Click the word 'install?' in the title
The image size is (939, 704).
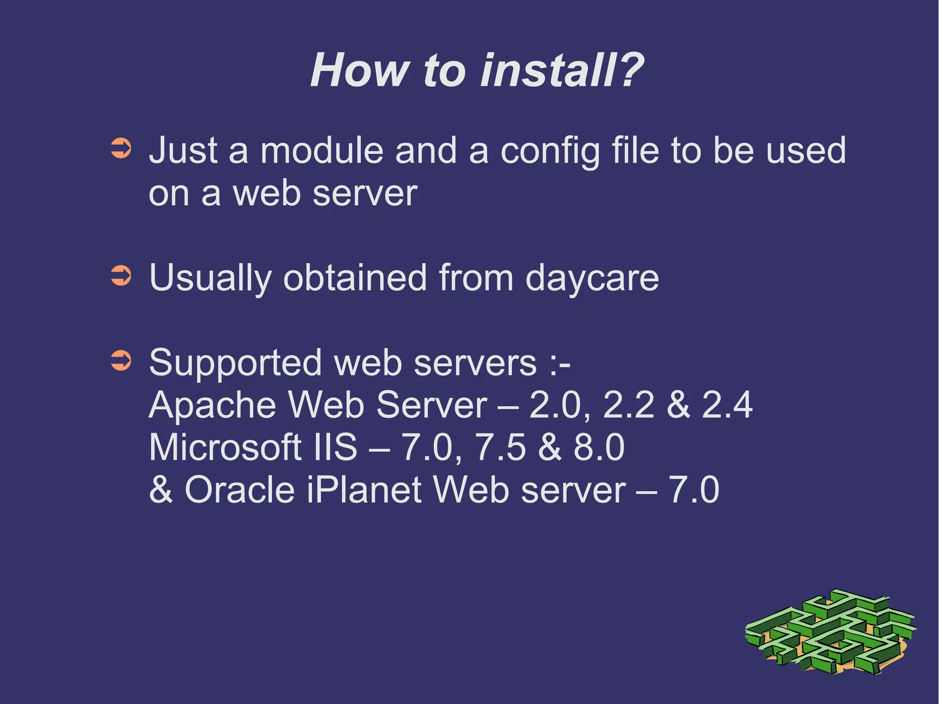point(562,70)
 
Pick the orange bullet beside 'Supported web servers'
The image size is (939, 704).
point(122,360)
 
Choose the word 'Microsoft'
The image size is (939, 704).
point(225,447)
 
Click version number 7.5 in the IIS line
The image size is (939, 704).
point(501,447)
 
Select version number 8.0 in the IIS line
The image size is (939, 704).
point(599,447)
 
